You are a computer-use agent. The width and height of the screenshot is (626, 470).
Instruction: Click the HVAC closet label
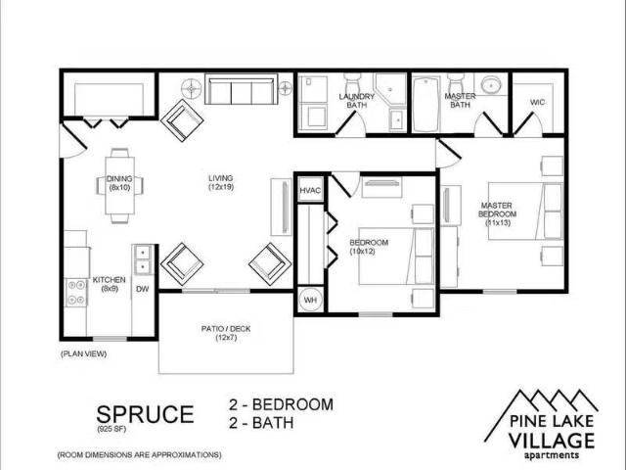pos(310,190)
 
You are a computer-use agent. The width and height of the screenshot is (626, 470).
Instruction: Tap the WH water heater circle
pos(310,300)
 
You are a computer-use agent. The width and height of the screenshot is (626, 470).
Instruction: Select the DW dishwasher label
pos(142,289)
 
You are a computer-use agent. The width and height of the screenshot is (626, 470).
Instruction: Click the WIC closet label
pos(537,102)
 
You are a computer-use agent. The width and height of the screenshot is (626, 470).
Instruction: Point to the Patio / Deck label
pos(227,333)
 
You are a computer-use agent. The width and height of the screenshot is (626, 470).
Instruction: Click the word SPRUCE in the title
pos(145,413)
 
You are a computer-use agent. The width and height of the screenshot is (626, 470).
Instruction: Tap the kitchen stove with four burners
pos(75,292)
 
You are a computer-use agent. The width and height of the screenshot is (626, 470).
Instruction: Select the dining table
pos(120,183)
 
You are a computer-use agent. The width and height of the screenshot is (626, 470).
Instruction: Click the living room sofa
pos(240,92)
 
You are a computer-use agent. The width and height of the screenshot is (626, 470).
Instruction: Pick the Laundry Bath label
pos(357,100)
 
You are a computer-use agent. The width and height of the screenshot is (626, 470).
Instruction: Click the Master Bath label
pos(460,100)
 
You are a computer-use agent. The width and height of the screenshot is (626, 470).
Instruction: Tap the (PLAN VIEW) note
pos(83,352)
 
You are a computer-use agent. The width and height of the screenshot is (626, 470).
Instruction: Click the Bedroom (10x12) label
pos(370,247)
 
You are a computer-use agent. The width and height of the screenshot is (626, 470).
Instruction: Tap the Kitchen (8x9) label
pos(109,284)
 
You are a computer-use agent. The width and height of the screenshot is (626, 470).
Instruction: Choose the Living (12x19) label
pos(221,182)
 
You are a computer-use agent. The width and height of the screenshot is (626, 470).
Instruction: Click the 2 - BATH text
pos(261,424)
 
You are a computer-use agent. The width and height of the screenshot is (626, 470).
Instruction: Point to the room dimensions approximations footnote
pos(139,455)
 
